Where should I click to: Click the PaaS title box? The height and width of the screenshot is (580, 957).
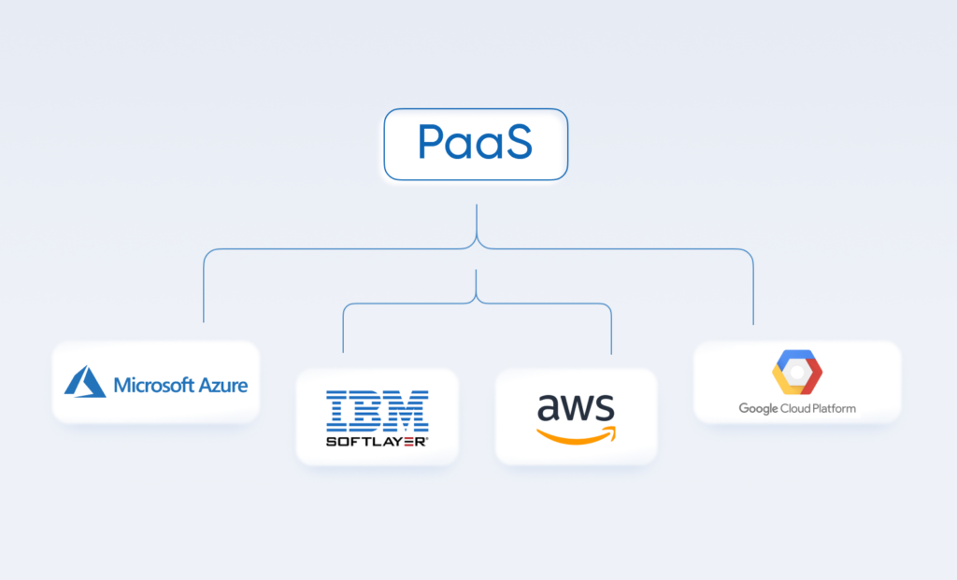pyautogui.click(x=476, y=144)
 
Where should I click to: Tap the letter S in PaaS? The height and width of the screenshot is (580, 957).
pyautogui.click(x=515, y=142)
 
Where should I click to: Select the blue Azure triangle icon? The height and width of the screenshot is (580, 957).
pyautogui.click(x=85, y=382)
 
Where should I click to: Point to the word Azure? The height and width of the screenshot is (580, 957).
pyautogui.click(x=224, y=384)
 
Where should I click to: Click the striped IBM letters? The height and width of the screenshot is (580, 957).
pyautogui.click(x=378, y=411)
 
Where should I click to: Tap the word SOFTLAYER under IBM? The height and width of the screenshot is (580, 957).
pyautogui.click(x=377, y=441)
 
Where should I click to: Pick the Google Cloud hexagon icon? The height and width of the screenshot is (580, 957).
pyautogui.click(x=797, y=374)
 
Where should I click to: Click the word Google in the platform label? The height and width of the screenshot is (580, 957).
pyautogui.click(x=759, y=408)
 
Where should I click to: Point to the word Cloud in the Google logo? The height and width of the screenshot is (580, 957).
pyautogui.click(x=795, y=408)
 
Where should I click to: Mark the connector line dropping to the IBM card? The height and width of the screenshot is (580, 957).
pyautogui.click(x=343, y=332)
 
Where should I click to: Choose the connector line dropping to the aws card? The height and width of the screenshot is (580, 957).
pyautogui.click(x=611, y=332)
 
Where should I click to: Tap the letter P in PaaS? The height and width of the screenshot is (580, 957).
pyautogui.click(x=432, y=143)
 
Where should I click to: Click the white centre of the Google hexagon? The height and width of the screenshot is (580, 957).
pyautogui.click(x=797, y=374)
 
